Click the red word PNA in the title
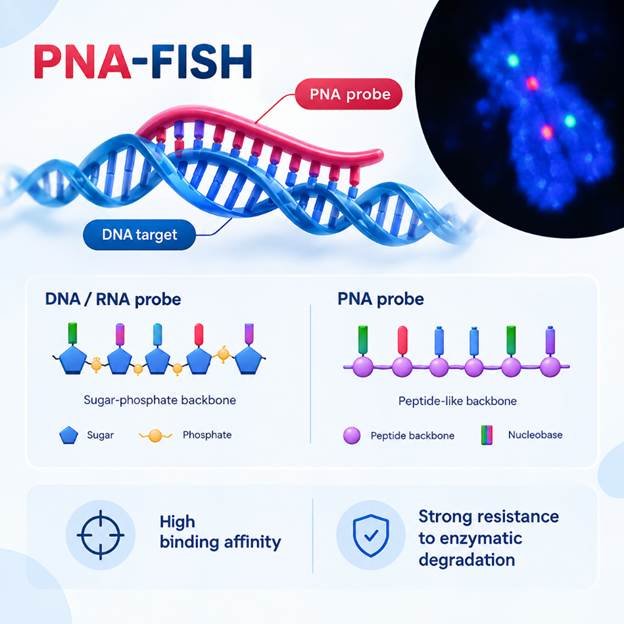click(x=82, y=62)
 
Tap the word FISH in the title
click(x=201, y=62)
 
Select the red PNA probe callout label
click(x=349, y=94)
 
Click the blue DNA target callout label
click(x=139, y=234)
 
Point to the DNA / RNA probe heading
click(x=113, y=299)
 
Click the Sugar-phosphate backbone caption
click(x=160, y=400)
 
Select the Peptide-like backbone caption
click(x=457, y=400)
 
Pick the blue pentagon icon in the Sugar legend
click(x=69, y=435)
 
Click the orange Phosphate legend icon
click(x=156, y=435)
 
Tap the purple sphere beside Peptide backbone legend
click(x=352, y=435)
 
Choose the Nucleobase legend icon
click(x=487, y=435)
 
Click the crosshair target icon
click(x=100, y=535)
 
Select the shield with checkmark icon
click(x=371, y=535)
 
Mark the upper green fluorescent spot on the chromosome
click(x=513, y=60)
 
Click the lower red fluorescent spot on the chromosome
click(x=547, y=132)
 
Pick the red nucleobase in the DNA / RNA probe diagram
click(x=199, y=335)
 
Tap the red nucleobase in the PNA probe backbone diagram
click(x=402, y=340)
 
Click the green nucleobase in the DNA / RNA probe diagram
click(x=73, y=333)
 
